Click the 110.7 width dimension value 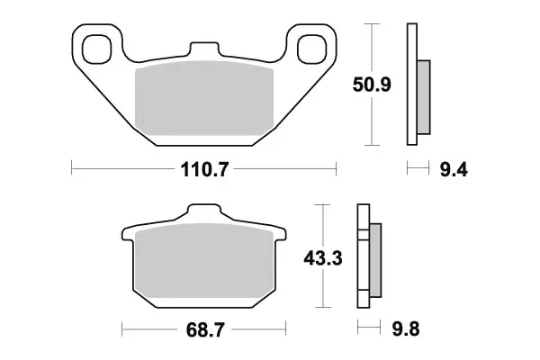tap(204, 168)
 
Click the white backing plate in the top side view tap(413, 85)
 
